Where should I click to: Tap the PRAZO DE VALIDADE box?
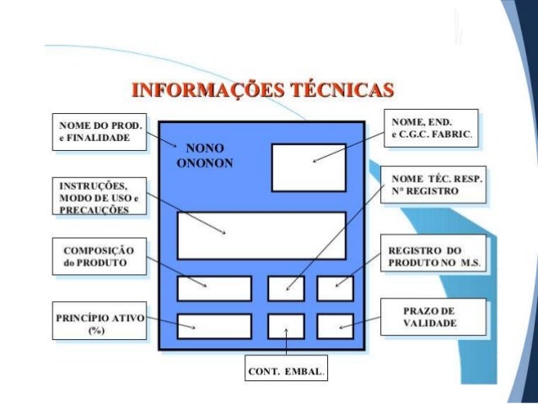[x=430, y=317]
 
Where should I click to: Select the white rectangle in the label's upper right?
[x=308, y=166]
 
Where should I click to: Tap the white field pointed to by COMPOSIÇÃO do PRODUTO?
[x=214, y=288]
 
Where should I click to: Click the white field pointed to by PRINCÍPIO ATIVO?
[x=214, y=326]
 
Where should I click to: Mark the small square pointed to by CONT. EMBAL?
[x=286, y=326]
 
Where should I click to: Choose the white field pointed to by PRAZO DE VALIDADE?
[x=335, y=326]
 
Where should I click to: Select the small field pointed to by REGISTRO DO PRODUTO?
[x=335, y=288]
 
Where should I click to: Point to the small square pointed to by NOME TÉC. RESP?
[x=286, y=288]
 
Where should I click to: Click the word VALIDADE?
[x=430, y=323]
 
